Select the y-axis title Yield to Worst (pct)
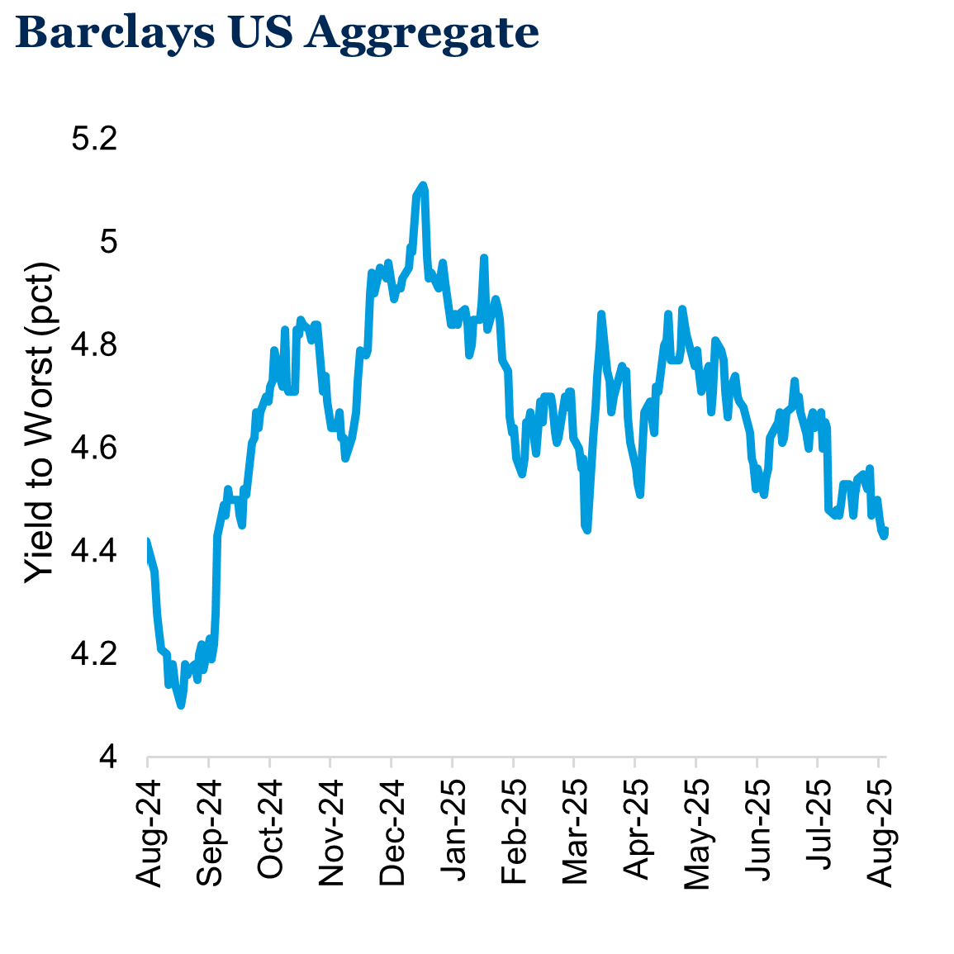click(x=40, y=423)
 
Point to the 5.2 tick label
click(x=95, y=139)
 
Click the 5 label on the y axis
click(x=107, y=242)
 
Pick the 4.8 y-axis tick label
click(x=95, y=345)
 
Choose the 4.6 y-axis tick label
click(x=95, y=449)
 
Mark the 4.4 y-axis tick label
click(x=95, y=551)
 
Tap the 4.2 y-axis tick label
click(x=95, y=654)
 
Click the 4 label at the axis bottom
click(x=107, y=757)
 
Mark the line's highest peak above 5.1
click(x=422, y=185)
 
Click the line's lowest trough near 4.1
click(x=181, y=705)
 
